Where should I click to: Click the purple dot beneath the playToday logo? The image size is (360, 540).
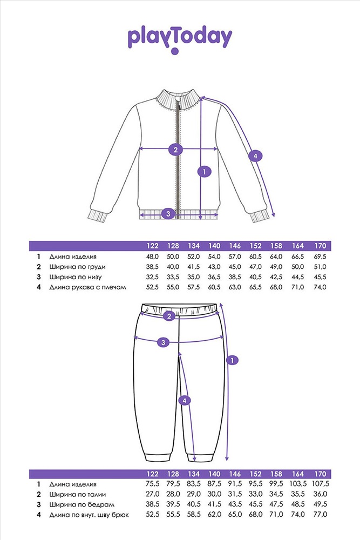click(x=175, y=51)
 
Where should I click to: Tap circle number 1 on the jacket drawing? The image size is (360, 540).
click(x=205, y=171)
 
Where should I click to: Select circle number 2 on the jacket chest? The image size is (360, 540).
click(x=175, y=150)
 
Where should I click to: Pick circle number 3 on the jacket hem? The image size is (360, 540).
click(x=168, y=213)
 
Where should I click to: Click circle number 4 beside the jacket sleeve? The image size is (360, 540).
click(x=255, y=156)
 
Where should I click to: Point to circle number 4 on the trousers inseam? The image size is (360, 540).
click(x=185, y=400)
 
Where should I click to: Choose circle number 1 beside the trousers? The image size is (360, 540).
click(x=232, y=360)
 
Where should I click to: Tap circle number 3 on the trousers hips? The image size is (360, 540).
click(x=163, y=342)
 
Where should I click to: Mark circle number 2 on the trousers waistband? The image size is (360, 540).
click(x=169, y=316)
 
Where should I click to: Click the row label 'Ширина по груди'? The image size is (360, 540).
click(x=77, y=267)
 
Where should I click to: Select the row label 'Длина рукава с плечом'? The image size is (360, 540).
click(x=88, y=287)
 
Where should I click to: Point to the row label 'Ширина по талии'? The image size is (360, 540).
click(x=77, y=494)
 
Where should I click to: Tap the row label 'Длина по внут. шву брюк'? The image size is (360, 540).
click(x=89, y=515)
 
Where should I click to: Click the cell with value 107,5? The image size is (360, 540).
click(x=321, y=484)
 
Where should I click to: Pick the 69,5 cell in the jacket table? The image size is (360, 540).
click(x=320, y=256)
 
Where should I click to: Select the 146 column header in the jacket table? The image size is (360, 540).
click(x=235, y=246)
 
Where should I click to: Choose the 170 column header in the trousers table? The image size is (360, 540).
click(x=320, y=474)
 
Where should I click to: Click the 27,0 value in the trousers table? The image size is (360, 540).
click(x=152, y=494)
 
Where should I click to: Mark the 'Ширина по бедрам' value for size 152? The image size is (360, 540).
click(x=255, y=504)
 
